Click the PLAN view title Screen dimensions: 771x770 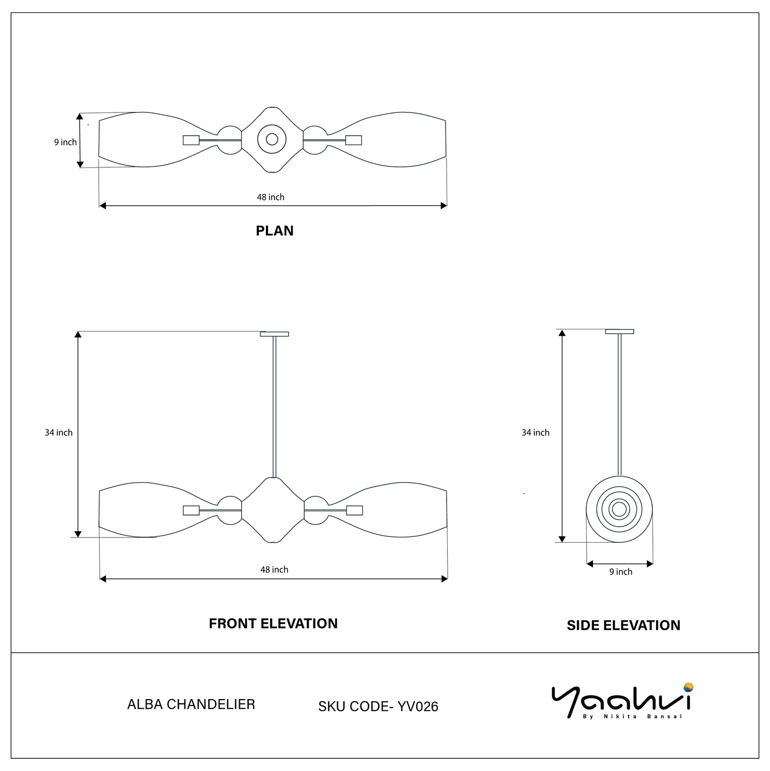(274, 231)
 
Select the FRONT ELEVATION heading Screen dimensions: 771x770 (273, 624)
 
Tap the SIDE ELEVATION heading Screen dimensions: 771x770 (623, 625)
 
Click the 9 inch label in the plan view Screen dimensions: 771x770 (65, 142)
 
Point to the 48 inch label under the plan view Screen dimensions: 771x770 (271, 197)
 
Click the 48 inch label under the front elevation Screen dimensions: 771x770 (274, 570)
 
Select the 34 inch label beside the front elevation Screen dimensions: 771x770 (59, 433)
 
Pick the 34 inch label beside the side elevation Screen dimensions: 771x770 (535, 433)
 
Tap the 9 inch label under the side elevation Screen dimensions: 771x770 (621, 572)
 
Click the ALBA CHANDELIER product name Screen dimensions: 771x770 (191, 704)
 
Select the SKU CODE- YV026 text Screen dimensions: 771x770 (378, 706)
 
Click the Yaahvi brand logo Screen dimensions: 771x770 (621, 701)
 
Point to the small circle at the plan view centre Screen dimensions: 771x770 (272, 140)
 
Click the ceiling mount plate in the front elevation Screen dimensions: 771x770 (274, 334)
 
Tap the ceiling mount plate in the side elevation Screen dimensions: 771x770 (619, 332)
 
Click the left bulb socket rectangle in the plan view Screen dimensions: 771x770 (191, 140)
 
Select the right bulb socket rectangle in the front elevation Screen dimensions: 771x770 (354, 510)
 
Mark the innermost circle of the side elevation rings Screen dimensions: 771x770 (619, 510)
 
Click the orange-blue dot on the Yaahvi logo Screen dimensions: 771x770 (688, 687)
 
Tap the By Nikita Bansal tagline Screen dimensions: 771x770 (633, 717)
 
